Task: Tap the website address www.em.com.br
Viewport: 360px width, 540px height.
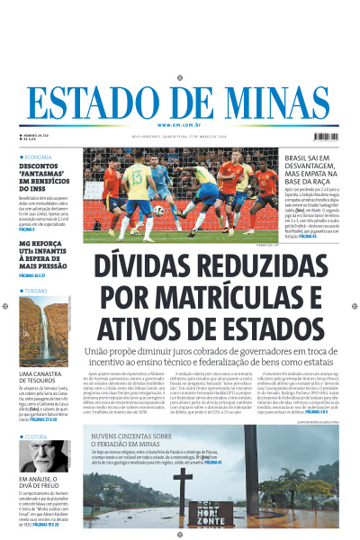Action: coord(179,124)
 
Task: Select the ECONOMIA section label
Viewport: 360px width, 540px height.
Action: coord(40,157)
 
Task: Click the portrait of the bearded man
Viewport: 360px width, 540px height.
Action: coord(36,454)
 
